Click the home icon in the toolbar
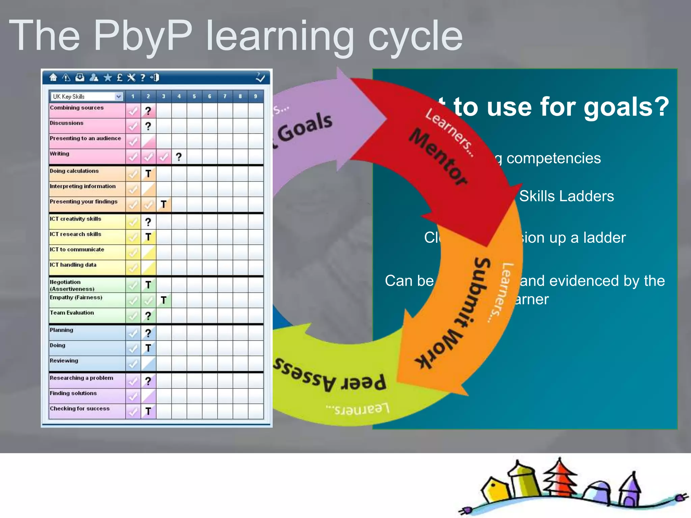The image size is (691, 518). click(53, 78)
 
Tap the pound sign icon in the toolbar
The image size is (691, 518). click(119, 78)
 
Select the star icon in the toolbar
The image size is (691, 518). click(108, 78)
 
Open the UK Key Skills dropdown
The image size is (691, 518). click(118, 96)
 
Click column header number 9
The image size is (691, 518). click(255, 96)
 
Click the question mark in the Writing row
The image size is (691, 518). click(179, 157)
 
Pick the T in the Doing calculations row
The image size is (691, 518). click(148, 174)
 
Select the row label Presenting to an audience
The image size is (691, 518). click(85, 138)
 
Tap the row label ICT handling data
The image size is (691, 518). click(73, 265)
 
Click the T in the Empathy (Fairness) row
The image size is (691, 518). click(164, 300)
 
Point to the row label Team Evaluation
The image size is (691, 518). click(72, 313)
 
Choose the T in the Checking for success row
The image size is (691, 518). click(148, 411)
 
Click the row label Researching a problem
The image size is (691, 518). click(81, 378)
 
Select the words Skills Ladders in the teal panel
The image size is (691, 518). click(566, 196)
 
